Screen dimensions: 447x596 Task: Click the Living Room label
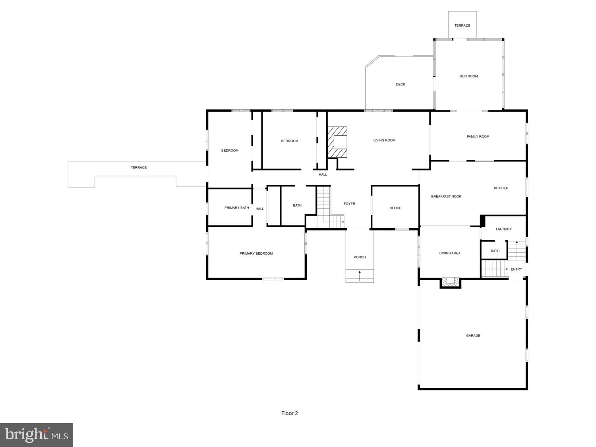[x=384, y=140]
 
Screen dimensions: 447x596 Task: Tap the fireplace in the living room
[x=337, y=143]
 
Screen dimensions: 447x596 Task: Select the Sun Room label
[x=468, y=76]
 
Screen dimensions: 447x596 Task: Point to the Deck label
[x=401, y=84]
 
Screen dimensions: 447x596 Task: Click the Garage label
[x=473, y=336]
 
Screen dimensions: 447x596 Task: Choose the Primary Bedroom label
[x=256, y=253]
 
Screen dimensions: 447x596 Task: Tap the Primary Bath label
[x=236, y=208]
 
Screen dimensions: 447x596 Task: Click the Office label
[x=395, y=208]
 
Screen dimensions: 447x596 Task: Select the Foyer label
[x=349, y=204]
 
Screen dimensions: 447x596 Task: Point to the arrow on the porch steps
[x=360, y=276]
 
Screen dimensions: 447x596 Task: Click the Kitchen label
[x=501, y=188]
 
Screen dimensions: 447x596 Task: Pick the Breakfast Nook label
[x=446, y=197]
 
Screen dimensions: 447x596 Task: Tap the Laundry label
[x=503, y=229]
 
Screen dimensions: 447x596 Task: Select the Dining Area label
[x=450, y=253]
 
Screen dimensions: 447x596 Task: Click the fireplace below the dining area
[x=451, y=282]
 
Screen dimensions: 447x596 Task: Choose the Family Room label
[x=478, y=137]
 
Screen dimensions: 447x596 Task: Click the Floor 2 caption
[x=289, y=413]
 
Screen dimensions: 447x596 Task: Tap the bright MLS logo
[x=36, y=435]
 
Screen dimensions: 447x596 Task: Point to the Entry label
[x=516, y=269]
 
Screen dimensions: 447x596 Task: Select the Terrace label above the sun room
[x=462, y=25]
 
